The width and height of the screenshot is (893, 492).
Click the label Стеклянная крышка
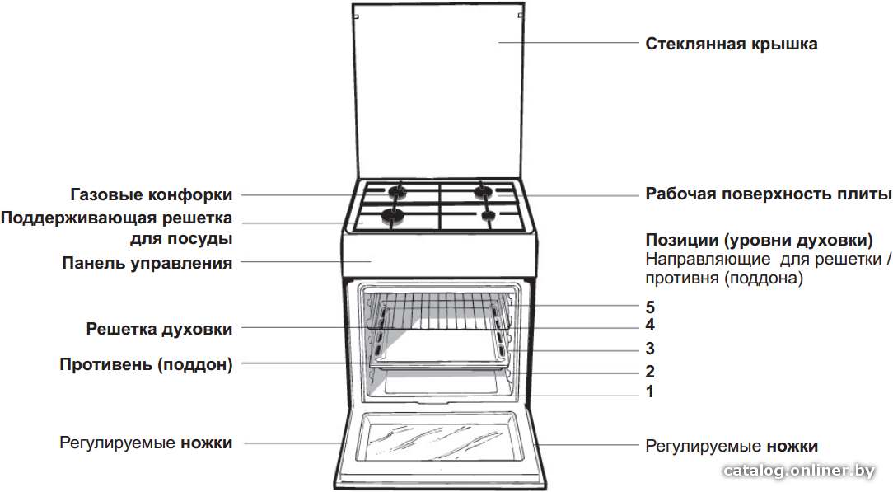coord(732,45)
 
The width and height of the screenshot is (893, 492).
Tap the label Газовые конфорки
coord(152,194)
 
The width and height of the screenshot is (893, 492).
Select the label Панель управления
coord(147,263)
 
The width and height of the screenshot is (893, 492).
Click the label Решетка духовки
coord(160,329)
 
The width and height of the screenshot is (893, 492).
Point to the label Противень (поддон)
coord(147,364)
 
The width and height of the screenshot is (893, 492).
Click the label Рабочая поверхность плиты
coord(769,194)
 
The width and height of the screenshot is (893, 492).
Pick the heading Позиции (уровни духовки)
coord(760,241)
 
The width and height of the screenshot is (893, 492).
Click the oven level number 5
coord(650,307)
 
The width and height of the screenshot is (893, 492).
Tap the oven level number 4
coord(650,326)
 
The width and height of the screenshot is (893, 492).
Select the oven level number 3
coord(650,349)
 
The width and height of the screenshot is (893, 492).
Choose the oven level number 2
coord(650,372)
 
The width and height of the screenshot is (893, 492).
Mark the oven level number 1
coord(650,391)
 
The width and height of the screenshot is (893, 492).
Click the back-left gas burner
coord(398,191)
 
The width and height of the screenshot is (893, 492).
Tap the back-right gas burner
coord(484,191)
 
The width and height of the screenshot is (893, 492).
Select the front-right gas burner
coord(489,215)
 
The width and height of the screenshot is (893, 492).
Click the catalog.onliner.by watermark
coord(798,471)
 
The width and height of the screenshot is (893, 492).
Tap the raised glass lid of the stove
coord(437,91)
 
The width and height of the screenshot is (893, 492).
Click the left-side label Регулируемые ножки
coord(147,443)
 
